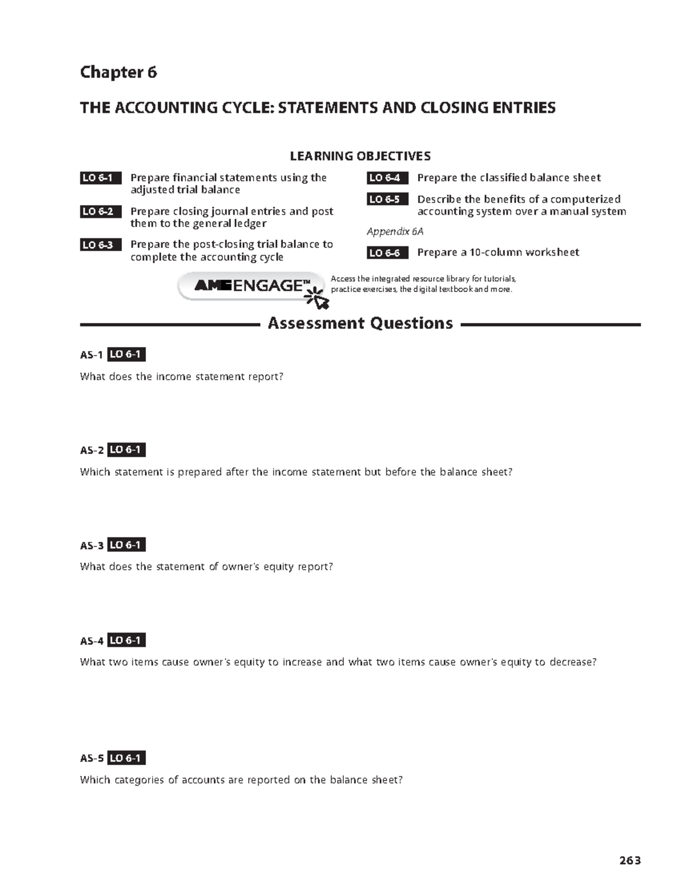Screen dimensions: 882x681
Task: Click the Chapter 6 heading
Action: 118,72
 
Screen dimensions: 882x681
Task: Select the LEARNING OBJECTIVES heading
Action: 360,156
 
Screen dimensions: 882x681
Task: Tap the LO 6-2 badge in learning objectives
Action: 100,212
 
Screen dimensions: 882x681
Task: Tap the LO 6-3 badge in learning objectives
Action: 100,245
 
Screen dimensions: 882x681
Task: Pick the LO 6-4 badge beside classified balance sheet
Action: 387,178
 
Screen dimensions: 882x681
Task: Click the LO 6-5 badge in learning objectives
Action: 387,199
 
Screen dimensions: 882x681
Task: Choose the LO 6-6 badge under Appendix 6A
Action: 387,253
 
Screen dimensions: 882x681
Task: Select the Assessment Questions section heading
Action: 360,324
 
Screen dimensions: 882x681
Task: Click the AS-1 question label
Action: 91,356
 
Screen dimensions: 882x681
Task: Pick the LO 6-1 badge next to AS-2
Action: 127,450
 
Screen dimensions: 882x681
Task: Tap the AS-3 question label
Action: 91,546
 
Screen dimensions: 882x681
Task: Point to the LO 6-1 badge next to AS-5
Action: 127,758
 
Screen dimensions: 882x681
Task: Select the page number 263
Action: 630,860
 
